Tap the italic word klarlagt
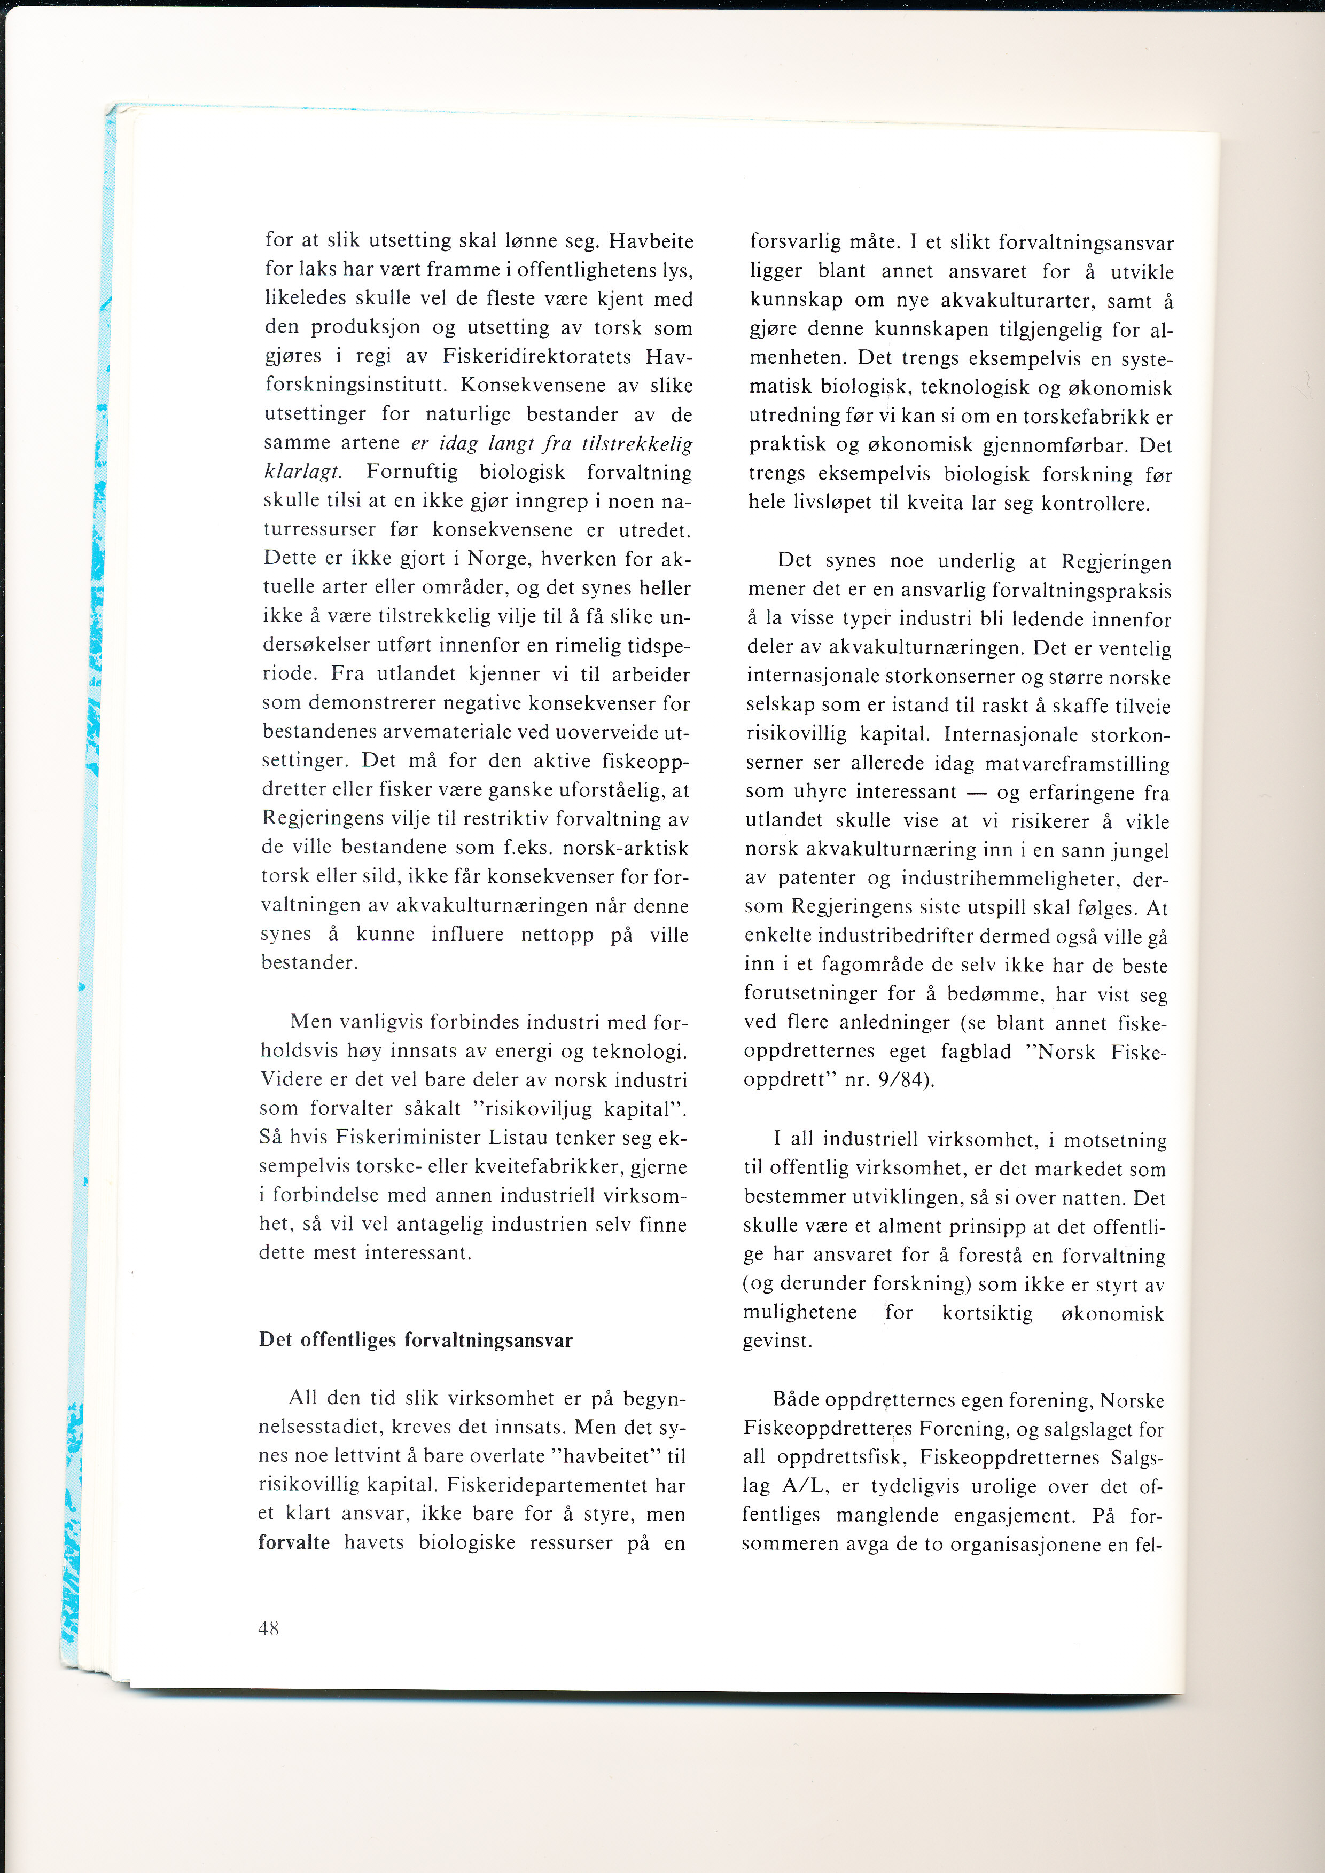(x=303, y=472)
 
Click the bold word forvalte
(x=294, y=1542)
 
